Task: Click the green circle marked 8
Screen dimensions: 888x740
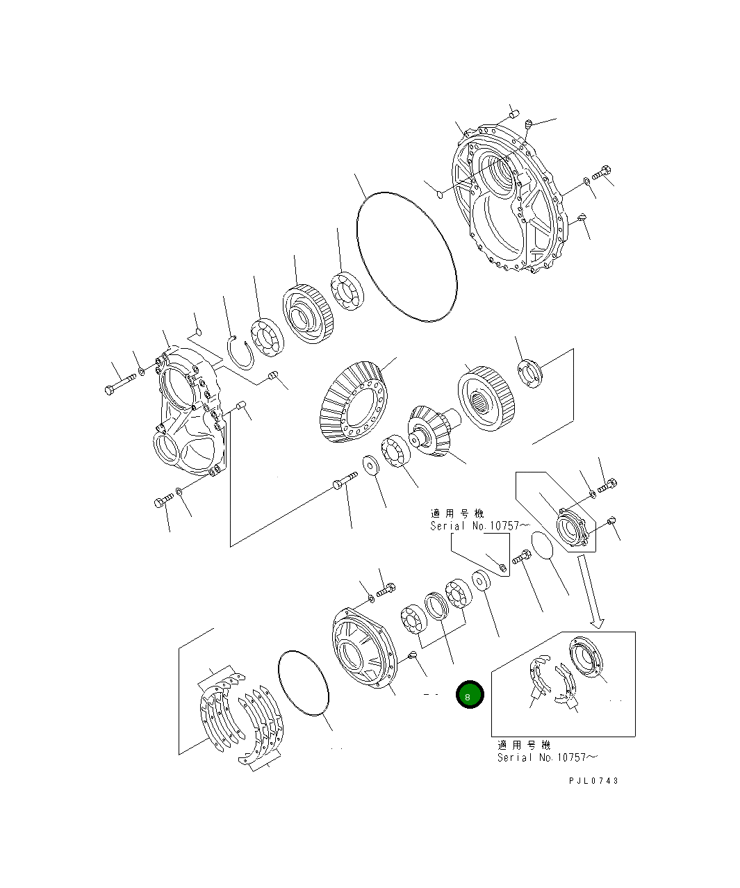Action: (469, 695)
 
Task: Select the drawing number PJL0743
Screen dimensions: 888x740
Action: (593, 780)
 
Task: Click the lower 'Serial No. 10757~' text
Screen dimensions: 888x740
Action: (547, 757)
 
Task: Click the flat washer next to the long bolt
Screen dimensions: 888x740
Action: (368, 464)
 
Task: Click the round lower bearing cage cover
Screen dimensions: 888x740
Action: (361, 650)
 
